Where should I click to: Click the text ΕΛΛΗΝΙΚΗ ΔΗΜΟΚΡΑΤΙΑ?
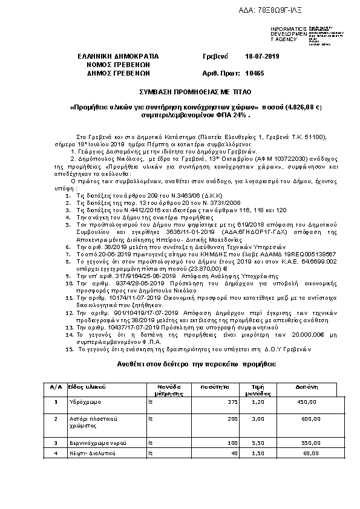(117, 56)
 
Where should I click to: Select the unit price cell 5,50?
(258, 443)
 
